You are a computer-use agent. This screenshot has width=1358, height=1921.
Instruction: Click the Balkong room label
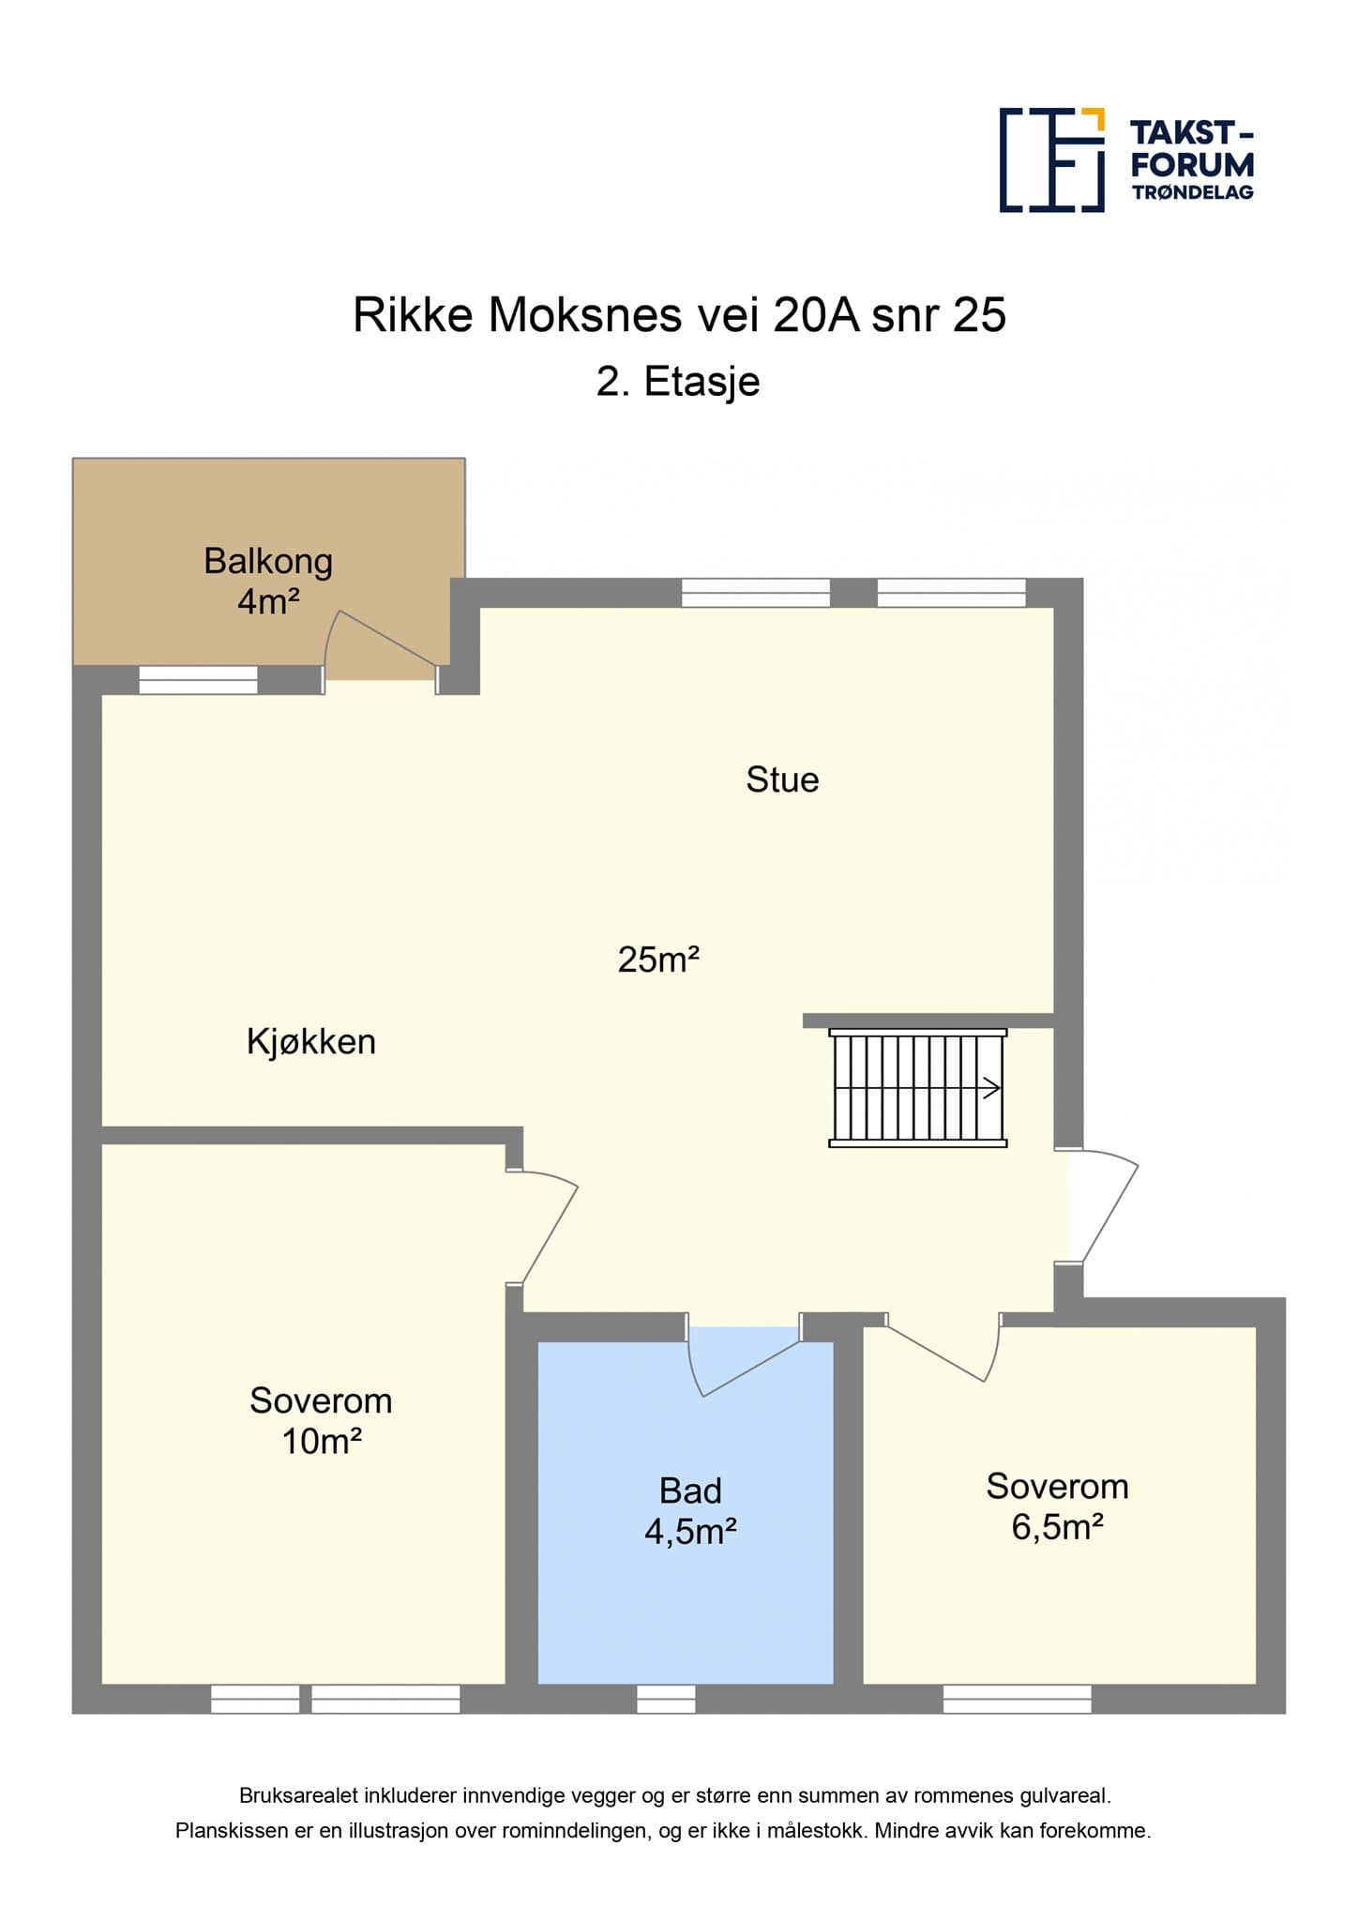coord(268,581)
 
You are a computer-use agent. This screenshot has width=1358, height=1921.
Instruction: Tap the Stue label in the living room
coord(782,779)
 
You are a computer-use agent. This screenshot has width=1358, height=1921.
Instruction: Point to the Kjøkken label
coord(311,1041)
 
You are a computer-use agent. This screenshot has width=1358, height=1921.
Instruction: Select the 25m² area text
coord(658,960)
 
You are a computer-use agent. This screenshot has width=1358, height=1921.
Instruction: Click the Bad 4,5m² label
coord(690,1511)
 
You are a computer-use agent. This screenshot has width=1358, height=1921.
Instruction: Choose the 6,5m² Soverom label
coord(1057,1506)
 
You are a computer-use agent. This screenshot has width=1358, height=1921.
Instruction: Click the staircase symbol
coord(918,1088)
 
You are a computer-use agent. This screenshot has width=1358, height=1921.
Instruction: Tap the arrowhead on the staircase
coord(992,1088)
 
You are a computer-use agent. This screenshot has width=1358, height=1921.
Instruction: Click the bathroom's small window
coord(667,1699)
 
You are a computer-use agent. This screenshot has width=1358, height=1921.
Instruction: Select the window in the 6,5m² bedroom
coord(1018,1699)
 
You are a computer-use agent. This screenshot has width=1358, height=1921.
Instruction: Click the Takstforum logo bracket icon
coord(1052,159)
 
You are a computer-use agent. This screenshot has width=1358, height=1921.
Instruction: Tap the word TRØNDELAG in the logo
coord(1193,192)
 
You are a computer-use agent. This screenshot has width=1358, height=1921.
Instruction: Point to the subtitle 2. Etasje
coord(678,382)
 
